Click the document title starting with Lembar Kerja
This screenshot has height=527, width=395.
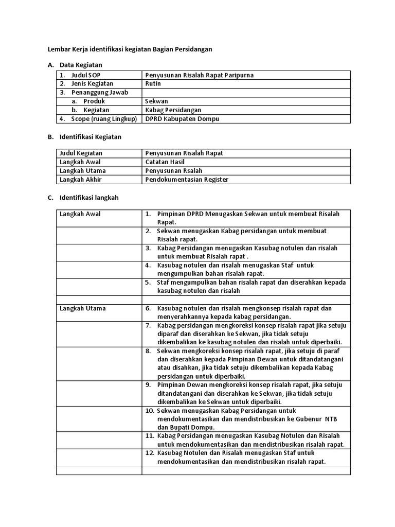pos(130,49)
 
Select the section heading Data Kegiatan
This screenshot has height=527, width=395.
pos(81,65)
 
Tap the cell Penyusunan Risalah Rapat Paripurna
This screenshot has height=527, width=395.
pos(199,75)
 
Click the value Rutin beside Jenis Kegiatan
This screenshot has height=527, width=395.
pos(153,84)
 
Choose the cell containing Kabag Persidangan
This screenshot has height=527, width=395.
pos(173,110)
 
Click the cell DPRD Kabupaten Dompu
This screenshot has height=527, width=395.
pos(182,119)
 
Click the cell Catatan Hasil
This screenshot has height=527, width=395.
pos(165,162)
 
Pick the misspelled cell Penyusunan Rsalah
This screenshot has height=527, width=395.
pos(173,171)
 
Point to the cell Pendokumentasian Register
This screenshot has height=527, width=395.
pos(187,180)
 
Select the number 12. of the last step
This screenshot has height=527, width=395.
pos(149,453)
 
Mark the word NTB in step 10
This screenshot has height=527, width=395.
pos(331,419)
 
